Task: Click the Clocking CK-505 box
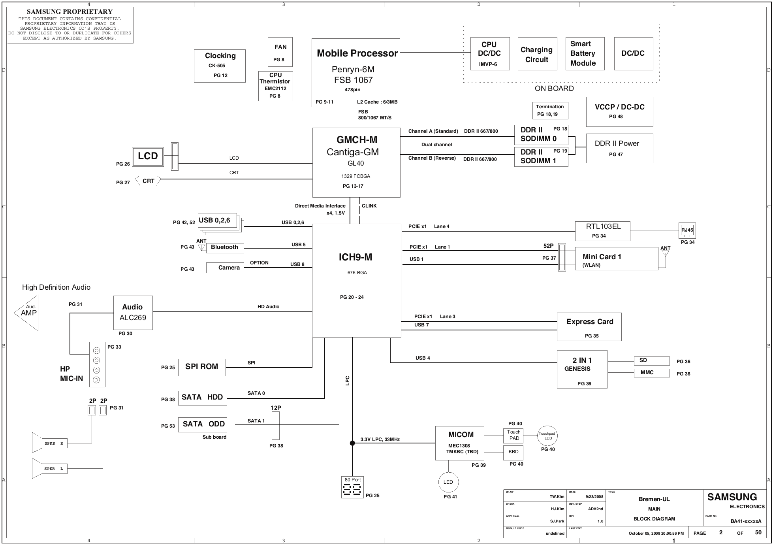click(220, 66)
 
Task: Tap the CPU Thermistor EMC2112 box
click(276, 86)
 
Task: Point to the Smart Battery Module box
click(585, 54)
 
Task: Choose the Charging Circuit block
click(537, 54)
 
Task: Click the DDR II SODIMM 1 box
click(541, 157)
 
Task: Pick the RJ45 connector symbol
click(687, 230)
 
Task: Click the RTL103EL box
click(603, 231)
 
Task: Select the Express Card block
click(589, 327)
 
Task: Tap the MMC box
click(652, 373)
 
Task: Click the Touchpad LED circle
click(547, 436)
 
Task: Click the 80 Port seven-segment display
click(352, 487)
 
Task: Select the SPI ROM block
click(202, 367)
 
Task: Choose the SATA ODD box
click(203, 425)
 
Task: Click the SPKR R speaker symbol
click(49, 443)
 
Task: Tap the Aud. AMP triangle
click(27, 313)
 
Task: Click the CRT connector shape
click(148, 181)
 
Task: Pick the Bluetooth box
click(225, 248)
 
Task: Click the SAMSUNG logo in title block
click(732, 497)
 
